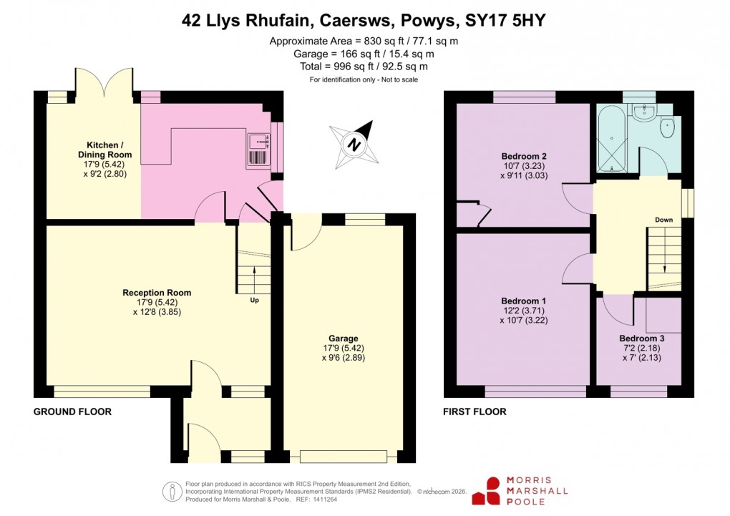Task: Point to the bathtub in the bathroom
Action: (x=610, y=138)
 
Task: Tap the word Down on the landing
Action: (x=663, y=220)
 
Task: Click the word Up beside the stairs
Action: (x=254, y=300)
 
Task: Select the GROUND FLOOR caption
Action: (x=72, y=412)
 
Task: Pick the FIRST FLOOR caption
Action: (x=475, y=412)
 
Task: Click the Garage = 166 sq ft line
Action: (x=364, y=54)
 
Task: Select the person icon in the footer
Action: (x=171, y=491)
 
